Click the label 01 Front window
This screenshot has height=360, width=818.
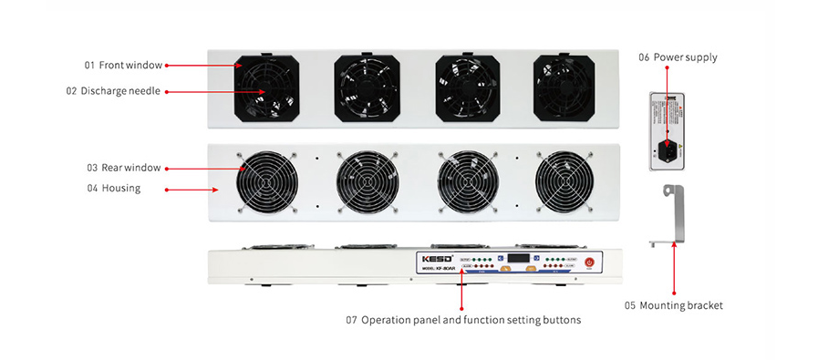[x=123, y=65]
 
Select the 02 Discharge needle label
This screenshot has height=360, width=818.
[x=113, y=91]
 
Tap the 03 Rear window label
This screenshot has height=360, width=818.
[x=124, y=168]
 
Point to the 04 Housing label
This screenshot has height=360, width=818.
[x=113, y=189]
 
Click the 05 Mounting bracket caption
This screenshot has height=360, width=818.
[x=673, y=305]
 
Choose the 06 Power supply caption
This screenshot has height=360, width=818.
[x=678, y=57]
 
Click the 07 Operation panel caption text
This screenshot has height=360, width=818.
[x=462, y=320]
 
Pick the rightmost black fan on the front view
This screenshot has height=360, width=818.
[x=564, y=87]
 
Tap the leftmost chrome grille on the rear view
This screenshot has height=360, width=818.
[x=266, y=181]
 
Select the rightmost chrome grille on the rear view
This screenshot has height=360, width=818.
[x=564, y=181]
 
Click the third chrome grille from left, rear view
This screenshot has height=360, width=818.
[x=466, y=181]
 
